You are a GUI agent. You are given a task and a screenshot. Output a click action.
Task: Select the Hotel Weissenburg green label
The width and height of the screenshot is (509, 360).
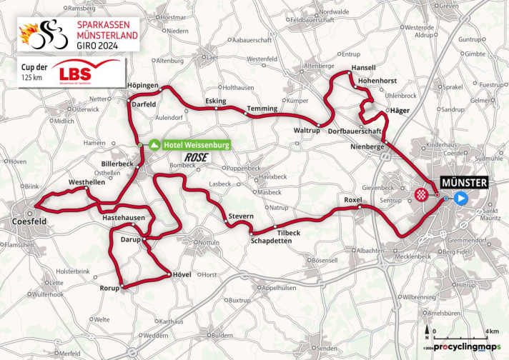click(x=196, y=145)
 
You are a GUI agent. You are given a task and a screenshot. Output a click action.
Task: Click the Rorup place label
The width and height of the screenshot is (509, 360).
click(x=109, y=289)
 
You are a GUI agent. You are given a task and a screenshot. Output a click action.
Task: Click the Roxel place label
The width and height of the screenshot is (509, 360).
click(x=354, y=199)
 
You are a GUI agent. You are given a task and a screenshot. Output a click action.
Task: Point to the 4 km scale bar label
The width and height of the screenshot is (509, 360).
click(x=493, y=331)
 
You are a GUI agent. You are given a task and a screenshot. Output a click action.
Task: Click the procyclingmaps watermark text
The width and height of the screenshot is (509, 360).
click(x=465, y=346)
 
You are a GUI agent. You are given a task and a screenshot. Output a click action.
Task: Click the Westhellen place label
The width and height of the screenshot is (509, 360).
click(x=84, y=182)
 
